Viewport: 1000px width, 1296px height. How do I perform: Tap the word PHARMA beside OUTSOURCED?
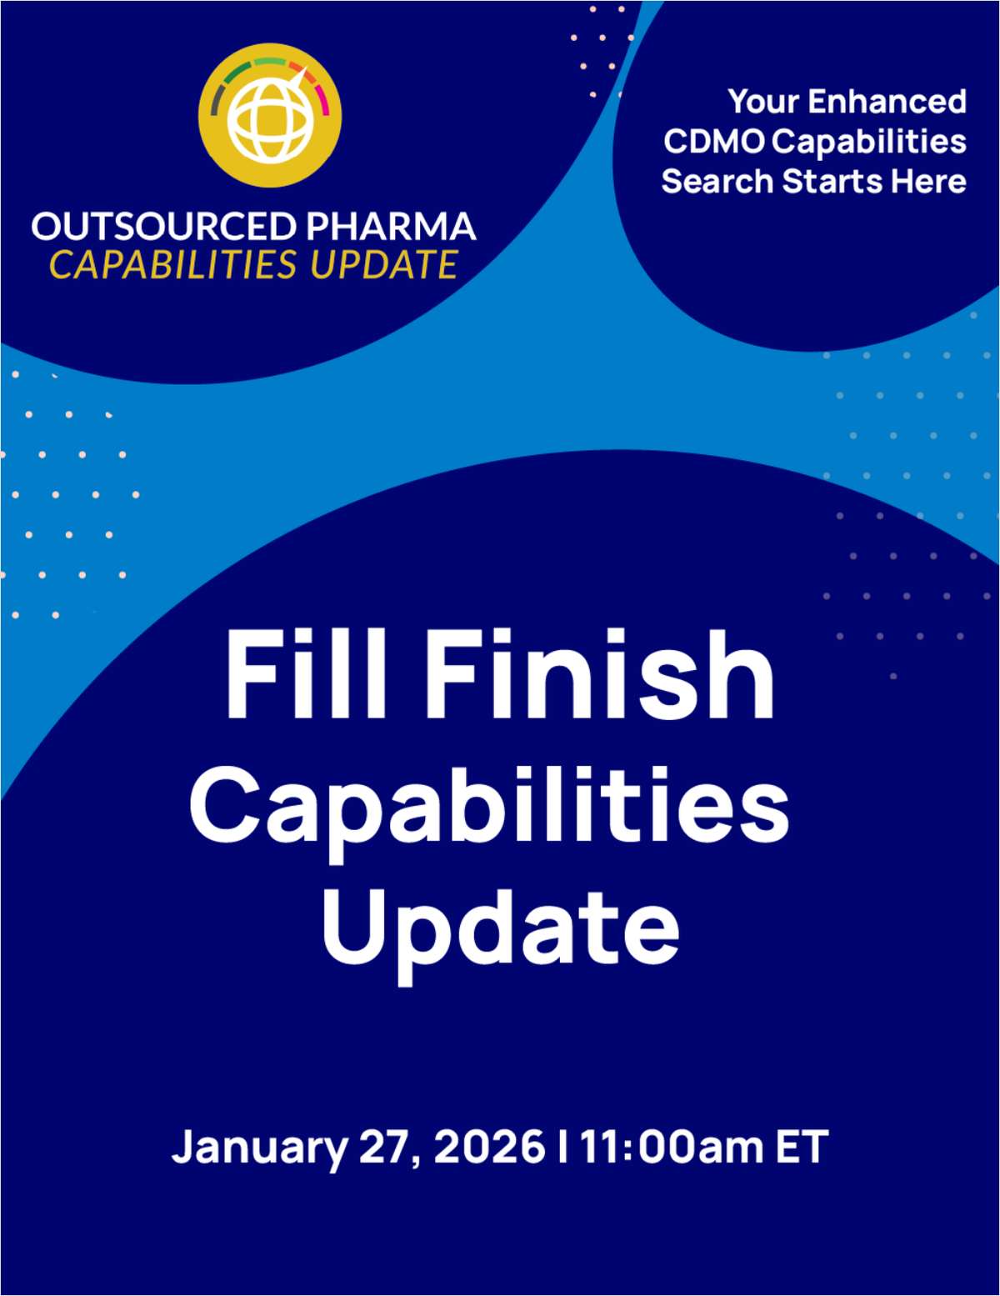pos(391,227)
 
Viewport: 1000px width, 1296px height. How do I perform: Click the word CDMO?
pos(713,142)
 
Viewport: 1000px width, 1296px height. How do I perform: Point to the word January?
pos(259,1147)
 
